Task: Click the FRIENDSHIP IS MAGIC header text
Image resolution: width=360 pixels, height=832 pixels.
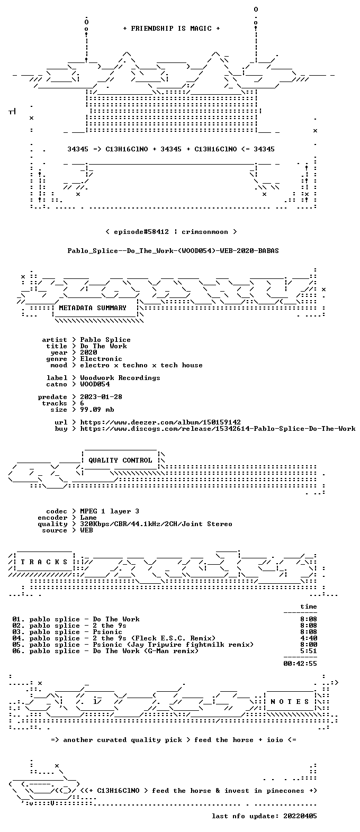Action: click(x=172, y=29)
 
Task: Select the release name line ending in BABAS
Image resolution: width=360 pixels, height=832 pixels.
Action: click(x=173, y=251)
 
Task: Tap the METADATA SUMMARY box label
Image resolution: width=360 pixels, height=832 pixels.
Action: click(x=93, y=308)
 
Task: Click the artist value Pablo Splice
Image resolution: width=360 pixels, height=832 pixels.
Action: click(x=105, y=340)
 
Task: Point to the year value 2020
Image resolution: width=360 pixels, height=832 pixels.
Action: click(x=88, y=352)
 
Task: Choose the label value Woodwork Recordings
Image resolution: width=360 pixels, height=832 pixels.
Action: click(x=120, y=378)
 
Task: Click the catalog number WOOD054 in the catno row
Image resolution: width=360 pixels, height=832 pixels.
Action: click(x=95, y=384)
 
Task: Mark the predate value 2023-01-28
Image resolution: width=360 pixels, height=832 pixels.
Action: click(x=101, y=397)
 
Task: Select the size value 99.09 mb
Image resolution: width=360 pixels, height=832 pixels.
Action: click(x=97, y=410)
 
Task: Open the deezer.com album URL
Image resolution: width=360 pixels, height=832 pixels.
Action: click(x=160, y=422)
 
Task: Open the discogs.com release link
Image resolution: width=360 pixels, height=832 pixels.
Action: click(x=218, y=429)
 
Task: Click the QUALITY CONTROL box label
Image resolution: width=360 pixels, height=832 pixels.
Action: click(x=120, y=460)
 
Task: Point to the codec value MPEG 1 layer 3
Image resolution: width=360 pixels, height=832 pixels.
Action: click(x=110, y=511)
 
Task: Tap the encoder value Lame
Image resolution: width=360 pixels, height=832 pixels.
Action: click(x=88, y=518)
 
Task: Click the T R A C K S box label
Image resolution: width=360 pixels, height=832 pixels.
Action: click(x=44, y=562)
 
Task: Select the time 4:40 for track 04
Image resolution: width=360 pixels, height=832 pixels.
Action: click(x=309, y=638)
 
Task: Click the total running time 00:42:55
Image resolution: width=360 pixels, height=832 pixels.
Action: click(x=300, y=664)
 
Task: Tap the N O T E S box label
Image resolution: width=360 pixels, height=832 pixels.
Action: click(x=290, y=702)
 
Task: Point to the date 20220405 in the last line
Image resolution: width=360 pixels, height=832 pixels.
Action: click(x=300, y=816)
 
